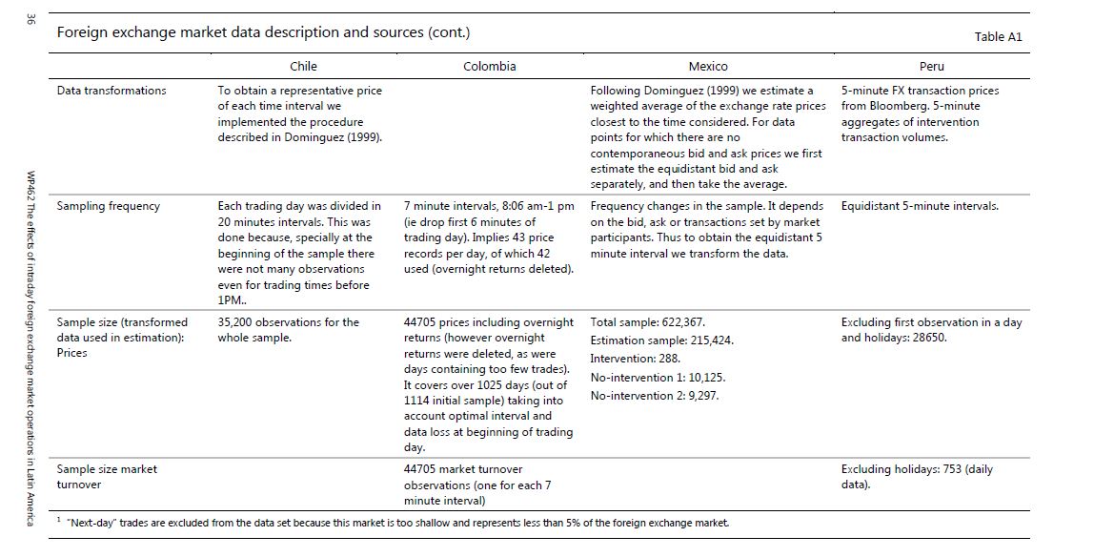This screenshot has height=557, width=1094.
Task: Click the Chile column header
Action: pyautogui.click(x=303, y=67)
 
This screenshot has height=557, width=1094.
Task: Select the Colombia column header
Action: pyautogui.click(x=489, y=67)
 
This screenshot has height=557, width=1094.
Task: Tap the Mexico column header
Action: pyautogui.click(x=707, y=67)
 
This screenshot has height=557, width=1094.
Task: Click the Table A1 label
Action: pyautogui.click(x=998, y=36)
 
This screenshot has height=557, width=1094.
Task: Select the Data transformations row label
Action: pyautogui.click(x=111, y=91)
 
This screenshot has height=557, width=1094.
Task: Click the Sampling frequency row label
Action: pyautogui.click(x=109, y=206)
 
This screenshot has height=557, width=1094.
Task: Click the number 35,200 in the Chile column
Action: pyautogui.click(x=238, y=322)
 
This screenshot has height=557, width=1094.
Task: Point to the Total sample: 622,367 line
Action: pyautogui.click(x=648, y=322)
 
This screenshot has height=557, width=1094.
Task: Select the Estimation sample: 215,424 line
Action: pyautogui.click(x=662, y=340)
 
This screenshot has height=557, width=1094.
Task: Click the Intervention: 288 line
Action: pyautogui.click(x=636, y=359)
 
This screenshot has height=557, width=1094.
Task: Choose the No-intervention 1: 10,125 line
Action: pyautogui.click(x=658, y=377)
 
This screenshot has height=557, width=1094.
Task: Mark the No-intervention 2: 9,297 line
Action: pyautogui.click(x=655, y=395)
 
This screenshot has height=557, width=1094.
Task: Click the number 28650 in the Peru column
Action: pyautogui.click(x=926, y=338)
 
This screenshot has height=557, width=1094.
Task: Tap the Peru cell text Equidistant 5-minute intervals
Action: pyautogui.click(x=920, y=206)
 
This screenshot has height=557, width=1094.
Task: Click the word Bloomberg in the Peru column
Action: pyautogui.click(x=902, y=106)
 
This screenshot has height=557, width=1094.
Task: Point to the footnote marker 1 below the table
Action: pyautogui.click(x=58, y=520)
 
